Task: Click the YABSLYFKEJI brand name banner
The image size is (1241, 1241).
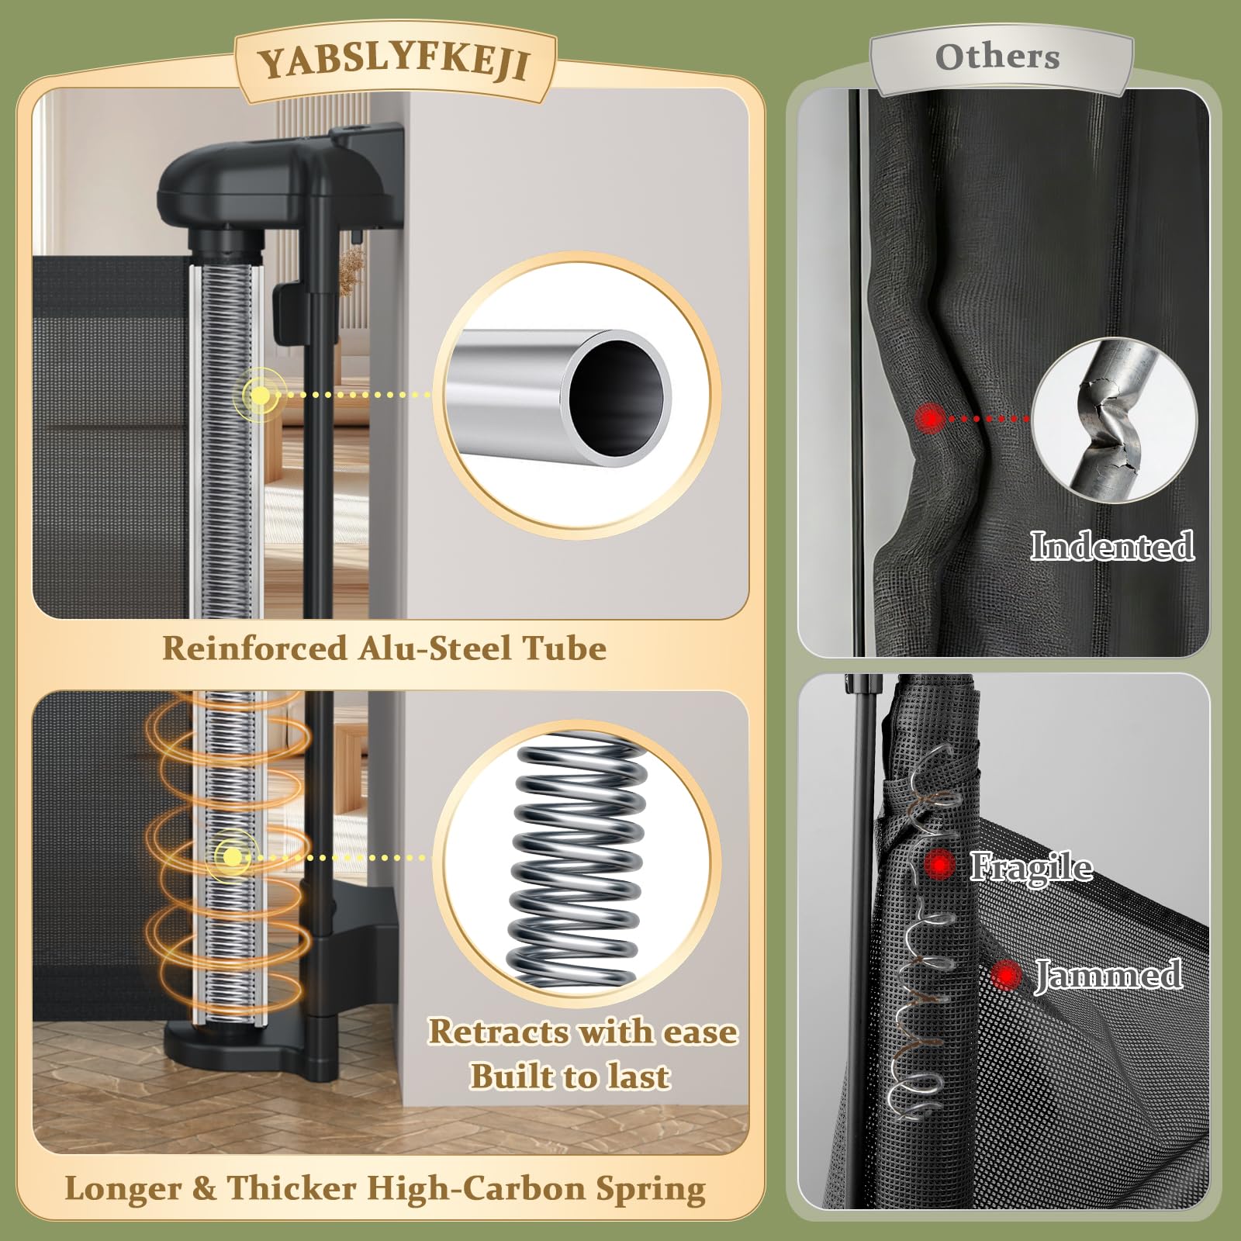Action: (395, 63)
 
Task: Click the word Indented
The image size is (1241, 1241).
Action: (1111, 545)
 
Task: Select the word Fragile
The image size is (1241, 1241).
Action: (1032, 866)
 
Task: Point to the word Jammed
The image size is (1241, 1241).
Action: (1109, 975)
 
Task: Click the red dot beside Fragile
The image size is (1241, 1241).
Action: (940, 864)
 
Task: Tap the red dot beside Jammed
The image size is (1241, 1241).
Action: (1006, 975)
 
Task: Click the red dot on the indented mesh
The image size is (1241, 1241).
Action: (929, 419)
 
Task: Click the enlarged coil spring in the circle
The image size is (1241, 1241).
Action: (578, 861)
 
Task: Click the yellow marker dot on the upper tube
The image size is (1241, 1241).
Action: (261, 395)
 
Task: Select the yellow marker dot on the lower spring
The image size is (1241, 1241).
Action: (231, 857)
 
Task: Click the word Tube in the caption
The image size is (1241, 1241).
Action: (565, 648)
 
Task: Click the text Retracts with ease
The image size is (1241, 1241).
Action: (583, 1032)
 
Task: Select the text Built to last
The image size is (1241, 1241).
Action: (570, 1077)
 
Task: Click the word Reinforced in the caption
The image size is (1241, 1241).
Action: (254, 648)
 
